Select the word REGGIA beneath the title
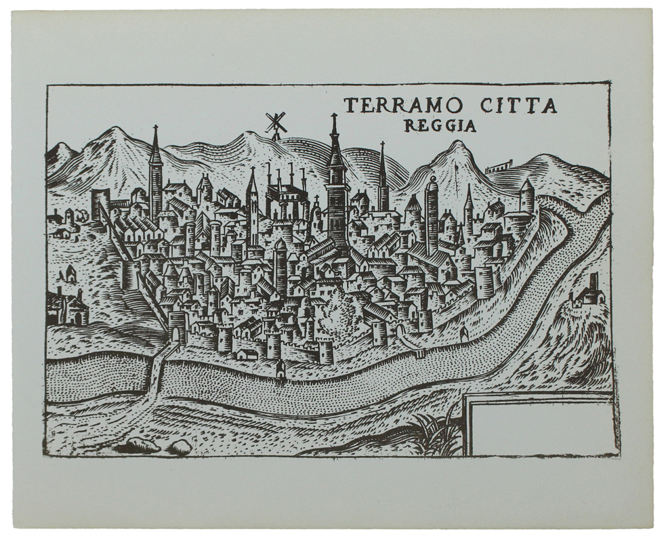tap(439, 126)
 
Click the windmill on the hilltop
tap(275, 124)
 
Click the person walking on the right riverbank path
tap(464, 334)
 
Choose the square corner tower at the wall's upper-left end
tap(101, 203)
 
